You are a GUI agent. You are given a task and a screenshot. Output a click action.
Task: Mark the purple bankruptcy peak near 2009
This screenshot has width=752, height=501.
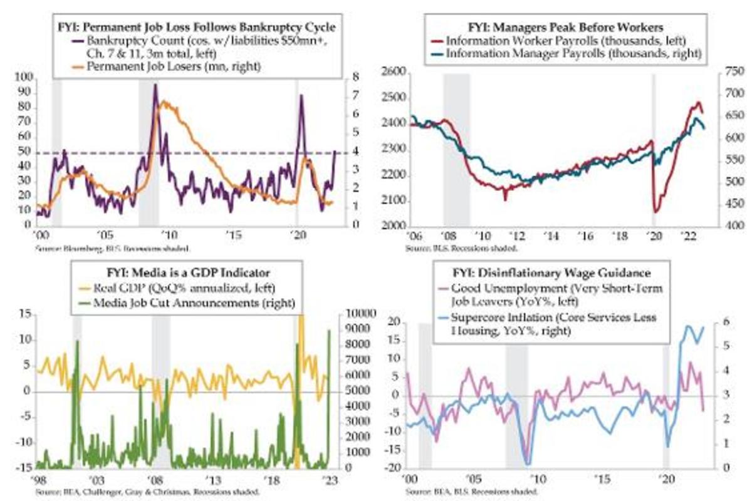[155, 85]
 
